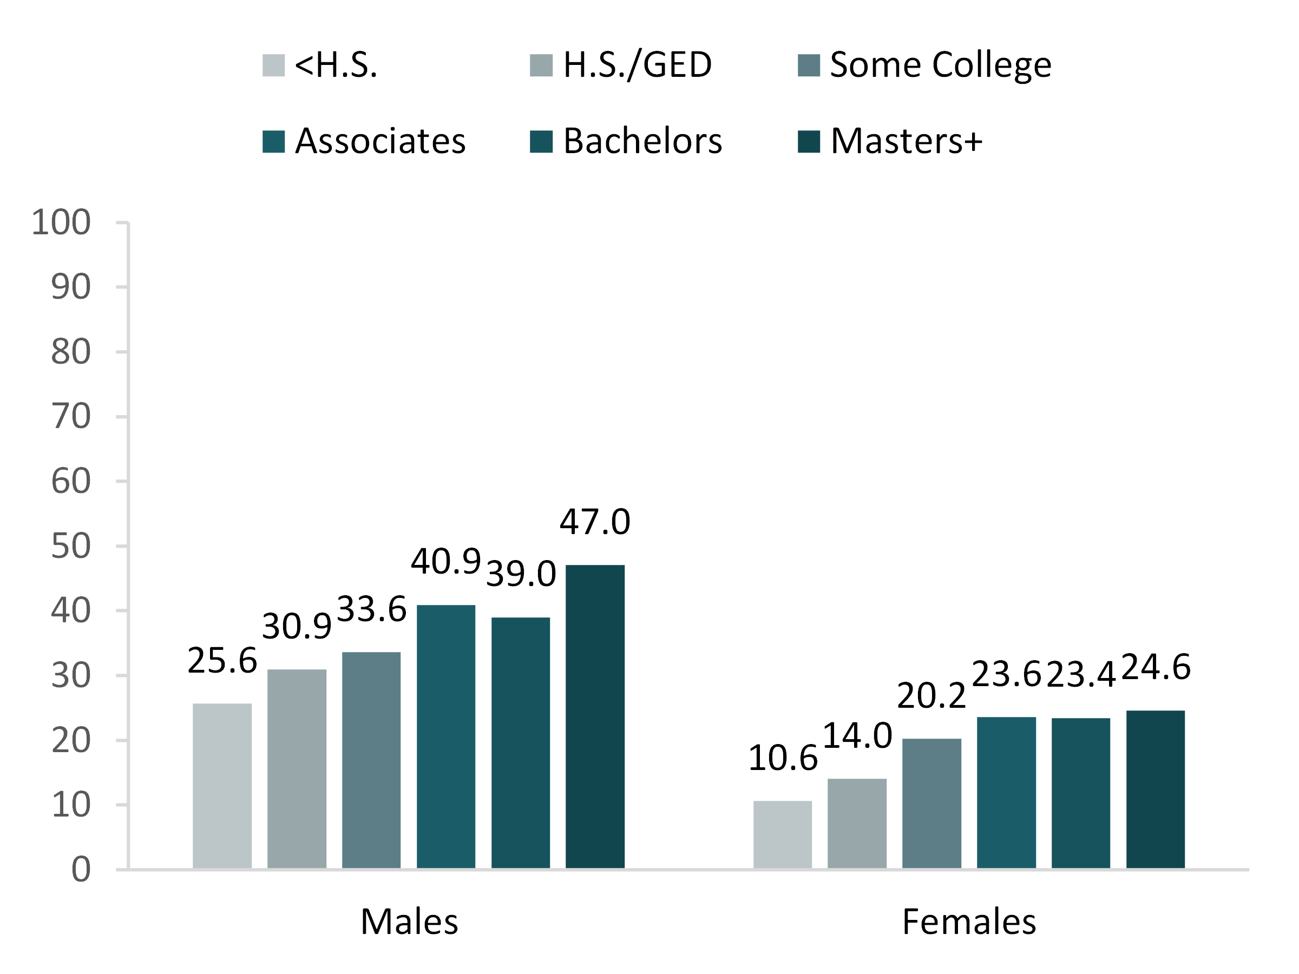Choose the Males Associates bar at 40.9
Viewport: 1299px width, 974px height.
(x=446, y=736)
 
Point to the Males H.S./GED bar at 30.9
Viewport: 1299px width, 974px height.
(x=297, y=768)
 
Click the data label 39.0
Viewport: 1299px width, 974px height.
(x=521, y=574)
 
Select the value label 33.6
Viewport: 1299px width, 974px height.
(x=372, y=609)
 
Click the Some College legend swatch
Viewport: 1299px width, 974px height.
(x=808, y=65)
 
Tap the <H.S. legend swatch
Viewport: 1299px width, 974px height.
(x=273, y=65)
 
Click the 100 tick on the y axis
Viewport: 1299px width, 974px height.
(x=61, y=222)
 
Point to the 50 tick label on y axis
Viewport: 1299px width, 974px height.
(x=70, y=546)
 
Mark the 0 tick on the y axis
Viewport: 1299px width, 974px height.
(x=81, y=870)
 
